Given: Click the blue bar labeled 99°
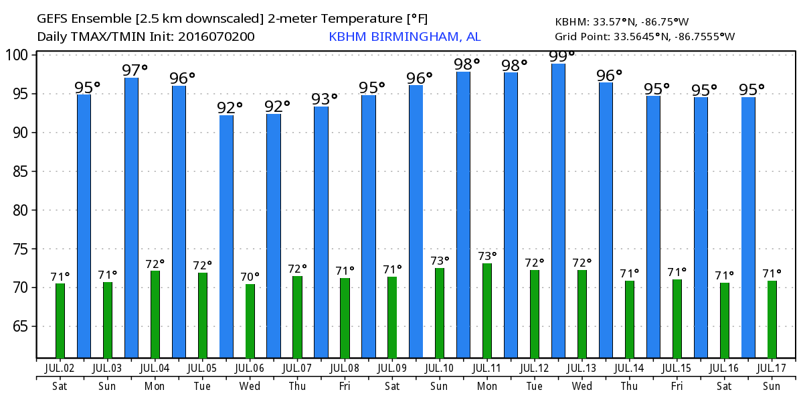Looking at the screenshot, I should [x=558, y=210].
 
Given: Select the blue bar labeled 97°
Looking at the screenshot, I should [x=131, y=217].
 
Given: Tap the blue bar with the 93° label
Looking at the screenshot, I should [x=321, y=232].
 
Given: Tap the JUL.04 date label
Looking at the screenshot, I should [x=155, y=368].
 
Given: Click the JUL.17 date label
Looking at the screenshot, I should [x=772, y=368].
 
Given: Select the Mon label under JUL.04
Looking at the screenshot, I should [x=155, y=386].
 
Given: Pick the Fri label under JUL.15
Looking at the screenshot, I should [x=677, y=386].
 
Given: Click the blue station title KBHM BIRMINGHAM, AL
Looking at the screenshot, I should [x=404, y=36].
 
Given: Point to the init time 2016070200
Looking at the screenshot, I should [x=216, y=36].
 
